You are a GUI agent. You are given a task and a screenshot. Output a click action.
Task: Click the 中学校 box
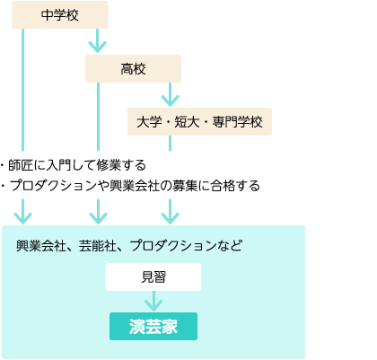tap(60, 15)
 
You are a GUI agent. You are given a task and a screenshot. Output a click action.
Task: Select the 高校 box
tap(133, 68)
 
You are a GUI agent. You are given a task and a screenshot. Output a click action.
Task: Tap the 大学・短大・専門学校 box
tap(199, 122)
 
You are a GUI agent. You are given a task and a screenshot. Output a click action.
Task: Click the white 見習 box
tap(153, 277)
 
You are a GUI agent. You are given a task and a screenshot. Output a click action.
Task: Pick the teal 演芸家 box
tap(153, 326)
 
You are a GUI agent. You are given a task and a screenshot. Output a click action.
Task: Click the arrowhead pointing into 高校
tap(97, 48)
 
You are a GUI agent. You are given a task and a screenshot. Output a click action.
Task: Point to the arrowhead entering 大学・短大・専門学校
tap(170, 101)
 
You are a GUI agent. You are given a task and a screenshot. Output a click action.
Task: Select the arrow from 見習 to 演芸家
tap(153, 302)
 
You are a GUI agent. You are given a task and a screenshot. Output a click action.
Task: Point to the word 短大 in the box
tap(187, 122)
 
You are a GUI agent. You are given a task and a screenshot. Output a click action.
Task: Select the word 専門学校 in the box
tap(238, 122)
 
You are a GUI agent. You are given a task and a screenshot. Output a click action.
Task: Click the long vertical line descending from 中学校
tap(22, 90)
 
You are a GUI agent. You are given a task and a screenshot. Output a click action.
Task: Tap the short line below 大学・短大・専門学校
tap(170, 144)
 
